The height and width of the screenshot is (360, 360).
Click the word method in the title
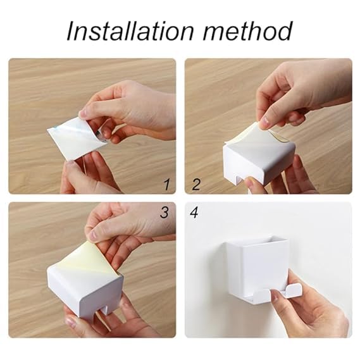coord(248,31)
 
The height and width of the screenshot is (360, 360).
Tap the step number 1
coord(167,184)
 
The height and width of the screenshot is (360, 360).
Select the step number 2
coord(196,184)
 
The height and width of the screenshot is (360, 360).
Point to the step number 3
coord(164,213)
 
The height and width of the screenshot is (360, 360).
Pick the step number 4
coord(194,213)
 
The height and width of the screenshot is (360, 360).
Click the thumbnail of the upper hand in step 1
coord(82,112)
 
